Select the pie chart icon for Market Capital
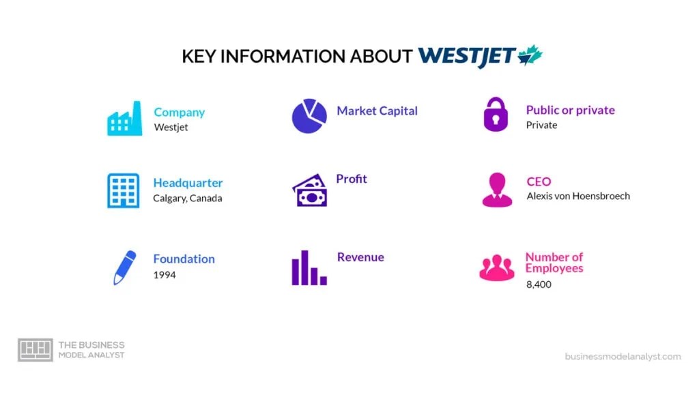(x=309, y=116)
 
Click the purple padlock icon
(x=496, y=115)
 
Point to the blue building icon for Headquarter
(x=124, y=190)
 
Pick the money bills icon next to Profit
(x=310, y=190)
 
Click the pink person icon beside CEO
(x=497, y=190)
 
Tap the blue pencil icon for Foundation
(x=124, y=267)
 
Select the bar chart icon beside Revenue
(x=309, y=267)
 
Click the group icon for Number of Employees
(x=497, y=267)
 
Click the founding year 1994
(x=165, y=275)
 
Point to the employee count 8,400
(x=539, y=284)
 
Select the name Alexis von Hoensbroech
(x=578, y=196)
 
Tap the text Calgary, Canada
(x=188, y=199)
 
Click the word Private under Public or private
(x=541, y=125)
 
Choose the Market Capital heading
(x=377, y=111)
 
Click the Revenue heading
(x=360, y=257)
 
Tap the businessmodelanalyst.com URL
(x=623, y=356)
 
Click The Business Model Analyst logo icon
(x=35, y=350)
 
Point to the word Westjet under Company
(x=171, y=128)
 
